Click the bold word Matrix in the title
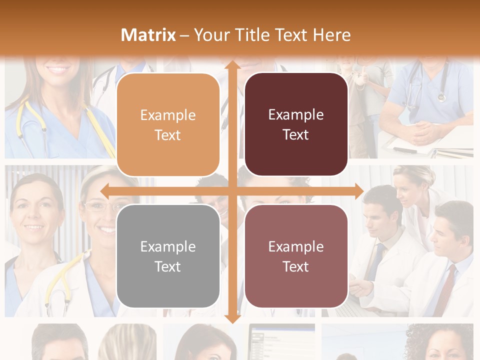(148, 35)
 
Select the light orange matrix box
(168, 124)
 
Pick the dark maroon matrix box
(296, 124)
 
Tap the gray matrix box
(168, 256)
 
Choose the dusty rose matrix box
(296, 256)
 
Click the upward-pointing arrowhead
(232, 65)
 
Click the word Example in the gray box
(168, 246)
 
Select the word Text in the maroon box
(296, 134)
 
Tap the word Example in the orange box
(168, 115)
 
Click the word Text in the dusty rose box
(296, 266)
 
